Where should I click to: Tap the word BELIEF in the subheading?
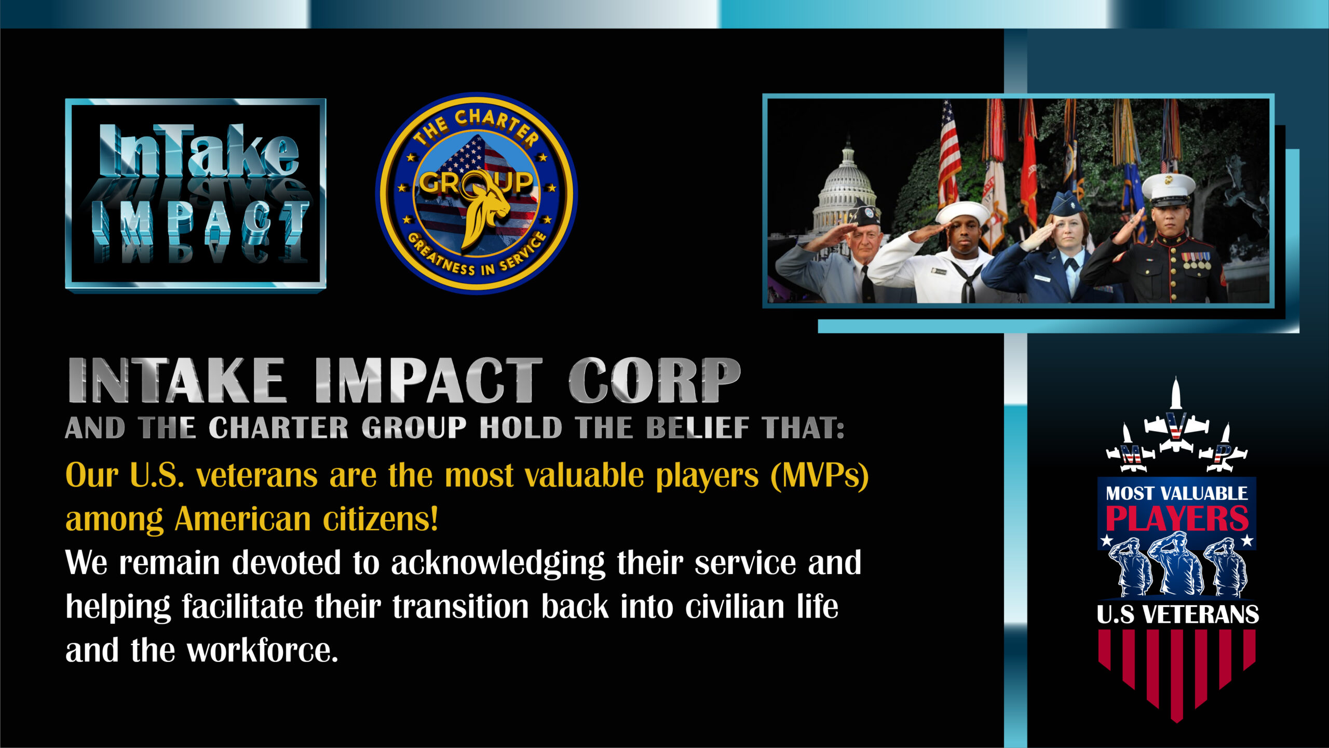(697, 428)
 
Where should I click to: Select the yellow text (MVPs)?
(820, 475)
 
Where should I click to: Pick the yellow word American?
(242, 519)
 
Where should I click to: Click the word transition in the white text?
(460, 607)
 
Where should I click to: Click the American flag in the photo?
(950, 153)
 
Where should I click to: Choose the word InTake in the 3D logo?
(199, 151)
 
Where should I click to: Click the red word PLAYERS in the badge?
(1177, 518)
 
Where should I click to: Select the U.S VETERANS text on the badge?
(1177, 615)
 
